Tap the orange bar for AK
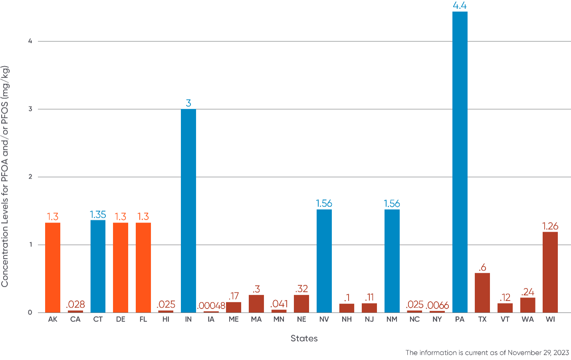tap(53, 267)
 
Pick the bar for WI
tap(550, 272)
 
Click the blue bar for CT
tap(98, 266)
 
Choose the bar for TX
tap(482, 292)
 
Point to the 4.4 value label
tap(460, 5)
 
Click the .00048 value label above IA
tap(211, 306)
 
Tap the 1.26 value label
tap(550, 226)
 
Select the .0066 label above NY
tap(437, 306)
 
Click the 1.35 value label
tap(98, 215)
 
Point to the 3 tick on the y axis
tap(30, 109)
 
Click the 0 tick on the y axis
tap(30, 313)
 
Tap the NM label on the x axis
tap(392, 320)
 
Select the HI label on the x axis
tap(166, 320)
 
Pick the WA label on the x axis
tap(527, 320)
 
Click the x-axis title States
tap(304, 339)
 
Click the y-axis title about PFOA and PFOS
tap(5, 176)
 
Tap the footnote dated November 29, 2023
tap(487, 353)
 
